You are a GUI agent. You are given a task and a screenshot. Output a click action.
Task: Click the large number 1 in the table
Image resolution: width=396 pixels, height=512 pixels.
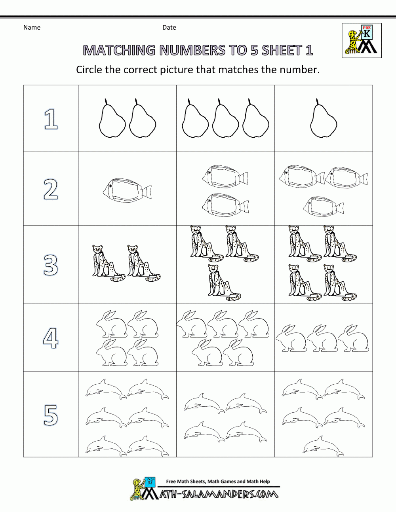(51, 119)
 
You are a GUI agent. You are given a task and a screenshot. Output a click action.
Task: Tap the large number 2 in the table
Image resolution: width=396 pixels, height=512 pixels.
(51, 190)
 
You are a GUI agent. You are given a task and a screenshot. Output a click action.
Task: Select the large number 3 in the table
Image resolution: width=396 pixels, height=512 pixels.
(51, 265)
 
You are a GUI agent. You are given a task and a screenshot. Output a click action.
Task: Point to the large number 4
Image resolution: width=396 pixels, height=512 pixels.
(51, 338)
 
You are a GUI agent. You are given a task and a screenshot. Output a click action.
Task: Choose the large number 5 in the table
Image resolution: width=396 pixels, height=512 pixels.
(51, 415)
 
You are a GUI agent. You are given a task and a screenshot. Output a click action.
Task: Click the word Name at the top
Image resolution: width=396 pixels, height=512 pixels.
(32, 27)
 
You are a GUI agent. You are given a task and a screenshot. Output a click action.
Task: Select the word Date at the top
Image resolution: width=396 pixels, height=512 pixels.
(169, 27)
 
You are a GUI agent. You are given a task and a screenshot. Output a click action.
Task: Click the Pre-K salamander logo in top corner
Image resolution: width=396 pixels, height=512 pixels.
(362, 41)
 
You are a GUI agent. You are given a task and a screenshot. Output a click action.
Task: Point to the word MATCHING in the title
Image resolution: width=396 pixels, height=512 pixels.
(119, 50)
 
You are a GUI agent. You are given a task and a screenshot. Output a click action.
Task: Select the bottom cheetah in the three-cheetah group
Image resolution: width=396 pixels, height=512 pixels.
(224, 282)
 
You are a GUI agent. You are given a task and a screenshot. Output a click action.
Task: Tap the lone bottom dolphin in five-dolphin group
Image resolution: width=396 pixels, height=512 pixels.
(323, 446)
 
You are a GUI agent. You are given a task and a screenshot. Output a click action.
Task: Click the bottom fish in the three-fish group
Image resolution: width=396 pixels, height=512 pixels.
(323, 207)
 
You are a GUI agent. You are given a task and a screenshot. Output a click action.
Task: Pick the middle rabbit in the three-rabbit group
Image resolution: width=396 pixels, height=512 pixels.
(322, 339)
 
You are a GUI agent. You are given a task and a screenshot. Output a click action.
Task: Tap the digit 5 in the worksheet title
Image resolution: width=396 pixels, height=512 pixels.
(254, 50)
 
